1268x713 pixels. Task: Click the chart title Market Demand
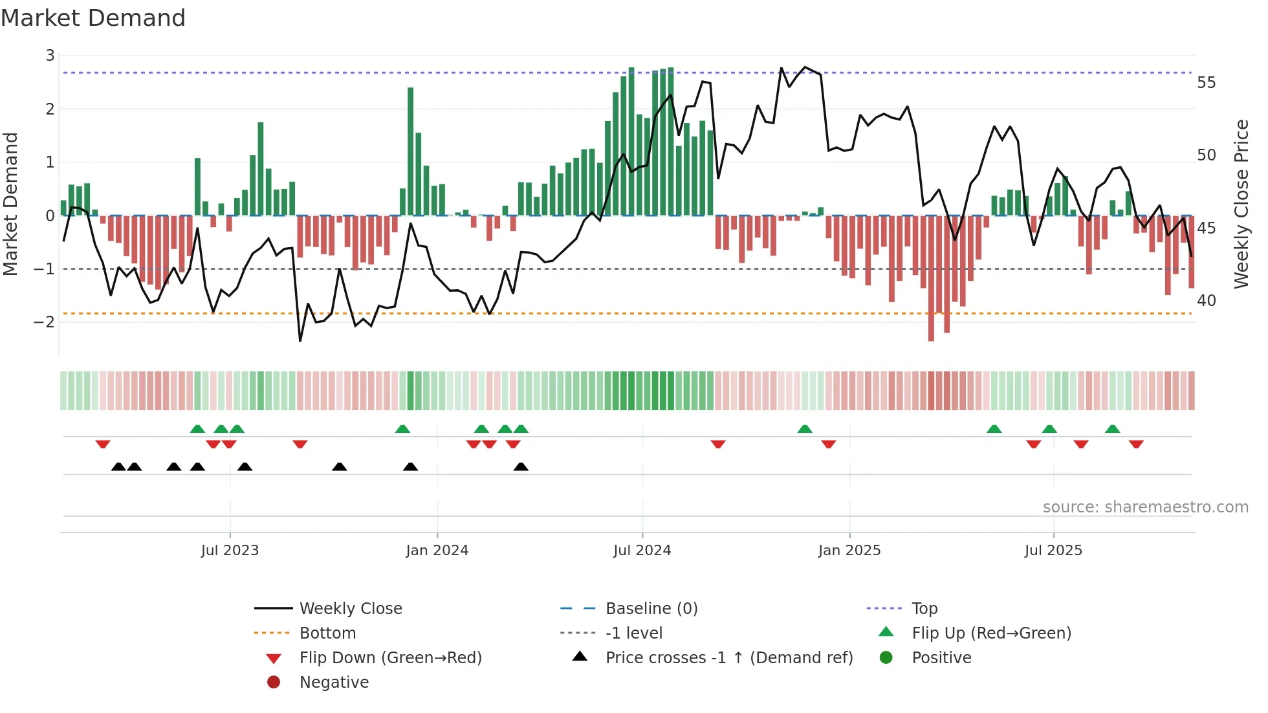pos(93,18)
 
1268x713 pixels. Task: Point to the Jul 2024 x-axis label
pos(642,551)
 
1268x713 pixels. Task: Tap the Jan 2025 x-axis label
pos(849,551)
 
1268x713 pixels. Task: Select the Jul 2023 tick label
pos(230,551)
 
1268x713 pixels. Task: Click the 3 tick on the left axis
pos(50,56)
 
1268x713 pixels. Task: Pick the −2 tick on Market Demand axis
pos(45,322)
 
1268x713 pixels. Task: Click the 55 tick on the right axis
pos(1206,83)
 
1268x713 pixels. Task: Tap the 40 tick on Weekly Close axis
pos(1206,301)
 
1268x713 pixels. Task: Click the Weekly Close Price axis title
pos(1241,204)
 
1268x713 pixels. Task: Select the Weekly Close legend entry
pos(350,609)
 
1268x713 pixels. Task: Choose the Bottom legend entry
pos(327,633)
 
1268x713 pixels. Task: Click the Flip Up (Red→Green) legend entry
pos(991,633)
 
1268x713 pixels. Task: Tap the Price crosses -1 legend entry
pos(728,658)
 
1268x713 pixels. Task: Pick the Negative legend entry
pos(334,683)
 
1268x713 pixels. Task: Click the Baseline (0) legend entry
pos(651,609)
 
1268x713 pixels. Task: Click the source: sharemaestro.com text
pos(1145,507)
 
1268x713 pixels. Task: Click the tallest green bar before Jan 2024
pos(410,151)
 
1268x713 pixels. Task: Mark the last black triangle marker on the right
pos(521,466)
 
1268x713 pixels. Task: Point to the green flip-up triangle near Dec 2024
pos(805,429)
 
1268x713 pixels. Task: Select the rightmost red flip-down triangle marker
pos(1136,444)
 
